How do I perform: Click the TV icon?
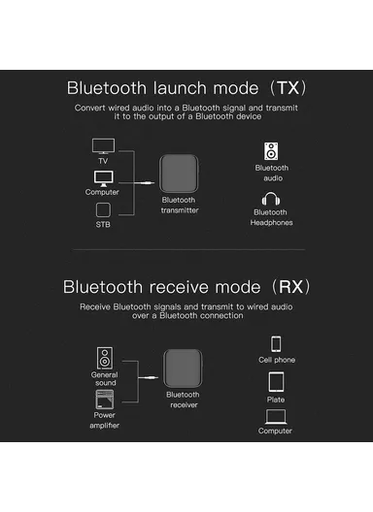tap(102, 145)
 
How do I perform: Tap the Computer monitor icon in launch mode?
tap(102, 178)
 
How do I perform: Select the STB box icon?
tap(102, 210)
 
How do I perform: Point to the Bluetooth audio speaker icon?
tap(271, 151)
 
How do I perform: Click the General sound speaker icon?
tap(104, 356)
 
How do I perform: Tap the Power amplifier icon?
tap(104, 397)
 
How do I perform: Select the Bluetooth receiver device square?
tap(183, 369)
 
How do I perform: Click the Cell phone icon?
tap(276, 344)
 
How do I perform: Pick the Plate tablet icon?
tap(277, 381)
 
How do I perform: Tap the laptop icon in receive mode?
tap(276, 417)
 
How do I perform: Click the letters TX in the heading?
tap(290, 86)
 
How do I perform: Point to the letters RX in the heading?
tap(293, 287)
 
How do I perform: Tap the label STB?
tap(102, 226)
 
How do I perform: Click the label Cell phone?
tap(277, 361)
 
